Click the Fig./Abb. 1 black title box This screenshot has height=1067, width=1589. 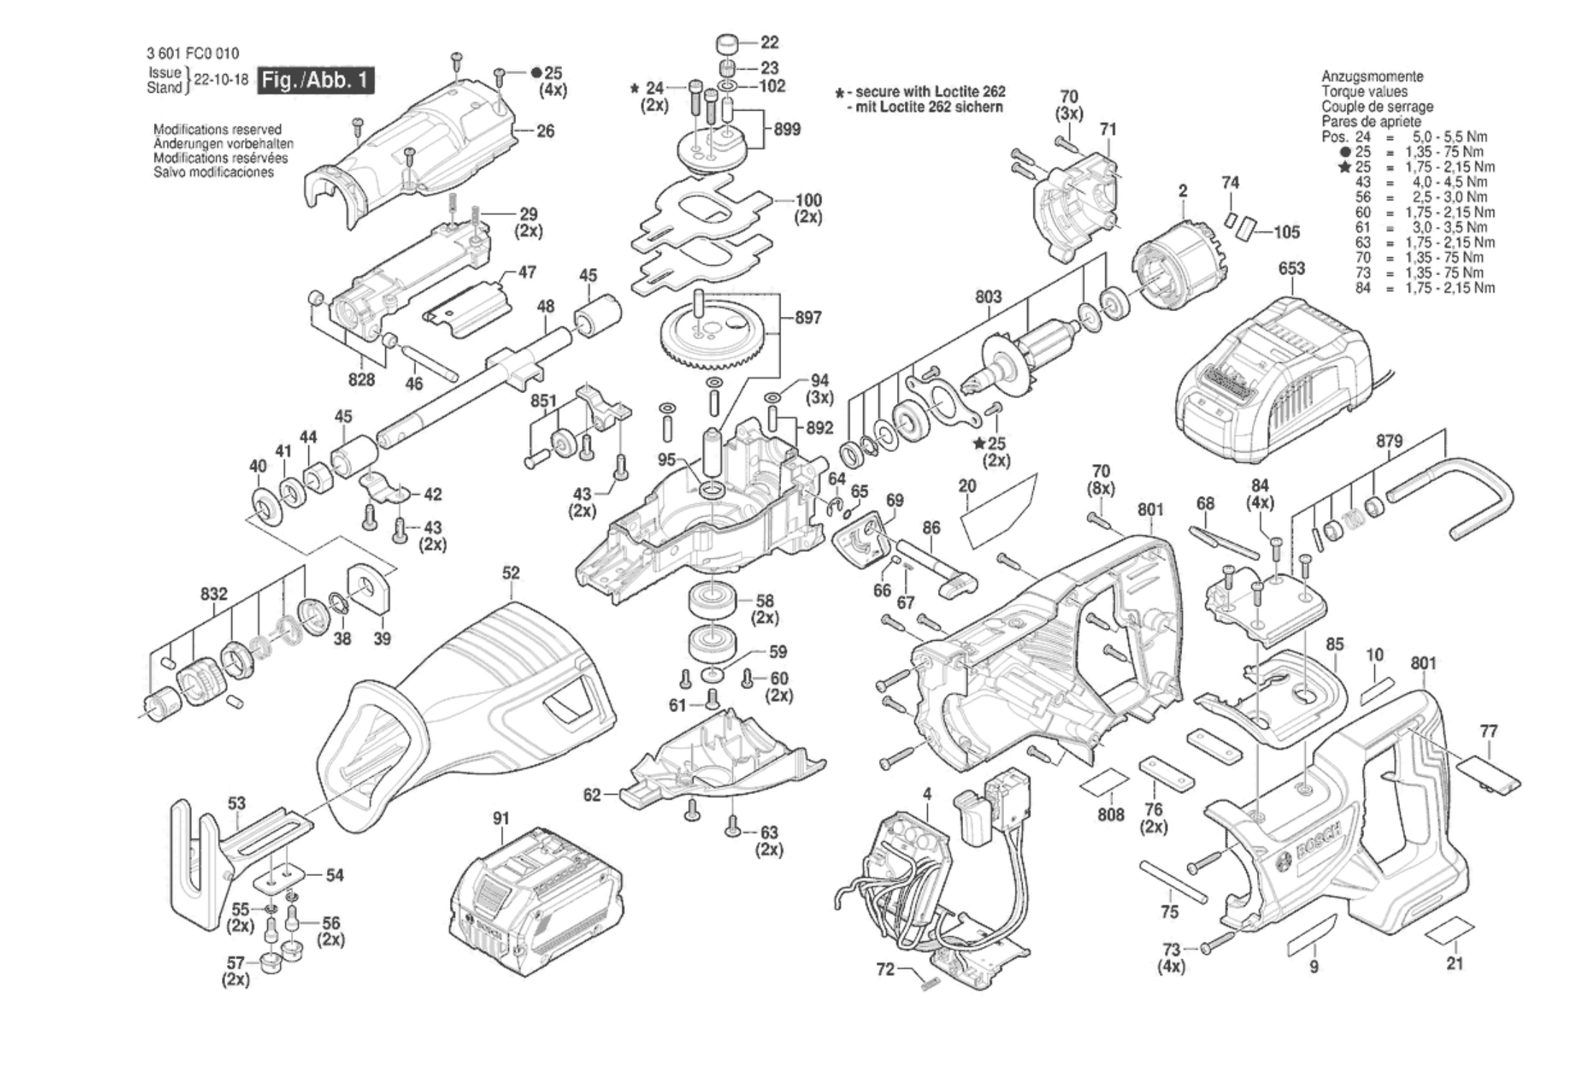click(x=316, y=80)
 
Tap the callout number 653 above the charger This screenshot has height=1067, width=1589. click(x=1291, y=268)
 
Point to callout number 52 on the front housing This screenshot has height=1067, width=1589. click(x=511, y=573)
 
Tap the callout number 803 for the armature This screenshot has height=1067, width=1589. click(x=988, y=297)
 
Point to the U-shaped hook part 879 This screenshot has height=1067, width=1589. click(x=1466, y=495)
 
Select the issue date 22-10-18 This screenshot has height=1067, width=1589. click(x=221, y=80)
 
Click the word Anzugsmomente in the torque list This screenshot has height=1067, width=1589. click(x=1372, y=76)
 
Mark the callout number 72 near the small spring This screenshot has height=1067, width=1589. click(x=885, y=969)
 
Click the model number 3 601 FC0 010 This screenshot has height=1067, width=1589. click(x=193, y=54)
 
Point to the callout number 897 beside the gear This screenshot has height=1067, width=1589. click(x=808, y=318)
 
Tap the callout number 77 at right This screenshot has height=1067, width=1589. click(x=1488, y=731)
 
